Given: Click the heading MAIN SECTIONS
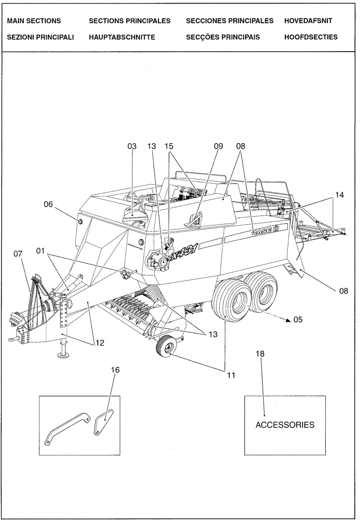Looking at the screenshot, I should (x=34, y=21).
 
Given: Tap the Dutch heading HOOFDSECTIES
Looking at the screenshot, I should (x=311, y=37).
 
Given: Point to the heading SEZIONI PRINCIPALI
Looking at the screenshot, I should (x=41, y=37).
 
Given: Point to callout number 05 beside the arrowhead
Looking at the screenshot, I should (x=298, y=319).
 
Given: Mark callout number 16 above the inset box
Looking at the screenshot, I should (x=115, y=370).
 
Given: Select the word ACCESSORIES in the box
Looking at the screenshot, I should (x=285, y=425).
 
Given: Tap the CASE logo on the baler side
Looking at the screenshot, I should (x=268, y=228).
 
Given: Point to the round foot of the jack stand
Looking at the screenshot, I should (x=65, y=355).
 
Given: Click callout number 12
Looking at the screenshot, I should (x=99, y=343).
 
